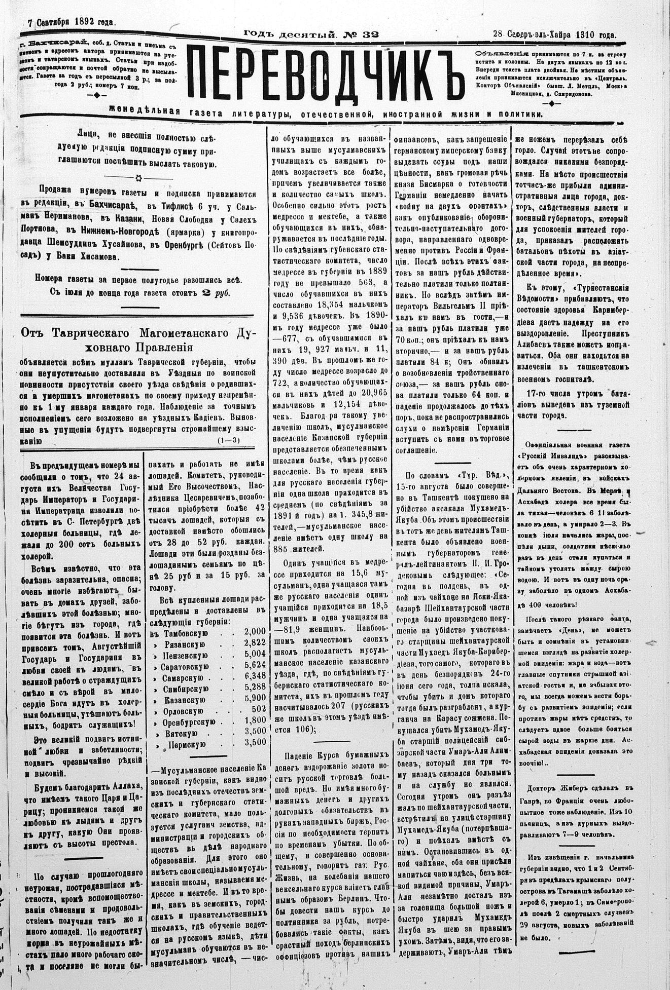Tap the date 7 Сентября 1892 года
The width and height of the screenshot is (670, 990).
[72, 22]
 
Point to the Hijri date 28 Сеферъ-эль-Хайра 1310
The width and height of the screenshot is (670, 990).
[554, 35]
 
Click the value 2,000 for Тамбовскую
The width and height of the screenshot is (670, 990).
[255, 631]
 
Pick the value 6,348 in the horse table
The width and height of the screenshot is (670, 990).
[255, 677]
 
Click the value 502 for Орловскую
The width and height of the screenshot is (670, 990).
[258, 710]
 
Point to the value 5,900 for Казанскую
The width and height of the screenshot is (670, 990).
[255, 699]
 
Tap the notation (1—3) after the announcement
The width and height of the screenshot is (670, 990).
[228, 440]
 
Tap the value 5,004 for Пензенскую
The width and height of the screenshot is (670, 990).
[255, 654]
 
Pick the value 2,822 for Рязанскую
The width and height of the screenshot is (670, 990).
[255, 642]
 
